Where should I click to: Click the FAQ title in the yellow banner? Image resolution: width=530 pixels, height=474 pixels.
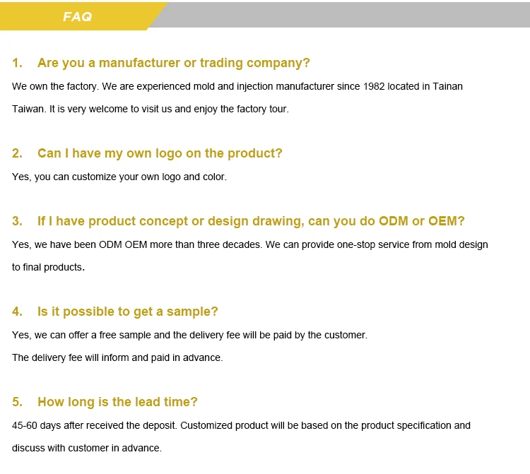[x=78, y=16]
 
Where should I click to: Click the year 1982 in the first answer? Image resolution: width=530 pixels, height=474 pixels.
[x=374, y=86]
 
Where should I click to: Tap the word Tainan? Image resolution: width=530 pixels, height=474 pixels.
[x=447, y=86]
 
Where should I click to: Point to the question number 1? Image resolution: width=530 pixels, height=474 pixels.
[x=17, y=63]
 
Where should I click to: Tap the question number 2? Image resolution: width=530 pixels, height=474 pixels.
[x=17, y=153]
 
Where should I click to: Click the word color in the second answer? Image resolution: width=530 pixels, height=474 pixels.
[x=215, y=177]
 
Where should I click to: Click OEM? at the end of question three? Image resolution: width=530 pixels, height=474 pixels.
[x=447, y=221]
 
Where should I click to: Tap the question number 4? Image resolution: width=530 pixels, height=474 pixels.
[x=17, y=312]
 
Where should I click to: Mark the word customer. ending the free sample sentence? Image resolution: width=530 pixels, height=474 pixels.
[x=346, y=335]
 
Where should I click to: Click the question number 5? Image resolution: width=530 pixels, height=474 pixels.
[x=17, y=402]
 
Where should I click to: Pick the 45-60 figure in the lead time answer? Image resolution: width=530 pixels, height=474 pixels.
[x=24, y=426]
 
